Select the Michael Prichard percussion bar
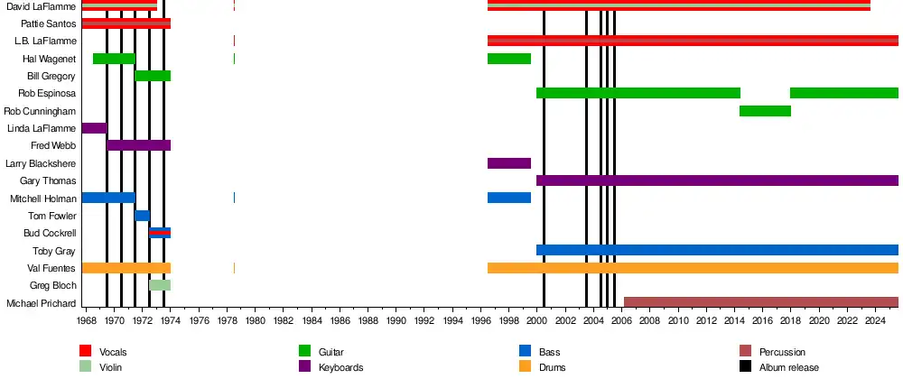(x=760, y=302)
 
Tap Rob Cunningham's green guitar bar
(x=765, y=111)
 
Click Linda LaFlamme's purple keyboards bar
(x=94, y=128)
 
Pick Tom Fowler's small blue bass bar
(x=142, y=216)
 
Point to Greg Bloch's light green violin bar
(x=160, y=285)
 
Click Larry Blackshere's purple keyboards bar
(x=509, y=163)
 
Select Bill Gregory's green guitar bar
(x=153, y=76)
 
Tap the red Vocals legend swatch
(x=86, y=351)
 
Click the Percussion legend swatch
(x=745, y=351)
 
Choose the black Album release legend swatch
(x=745, y=367)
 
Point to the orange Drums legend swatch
(x=526, y=367)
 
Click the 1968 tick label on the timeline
(x=87, y=321)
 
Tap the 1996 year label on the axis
(x=481, y=321)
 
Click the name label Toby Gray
(x=54, y=251)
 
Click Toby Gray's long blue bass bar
(x=717, y=250)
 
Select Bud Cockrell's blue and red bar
(x=160, y=233)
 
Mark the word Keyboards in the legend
(x=341, y=367)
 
